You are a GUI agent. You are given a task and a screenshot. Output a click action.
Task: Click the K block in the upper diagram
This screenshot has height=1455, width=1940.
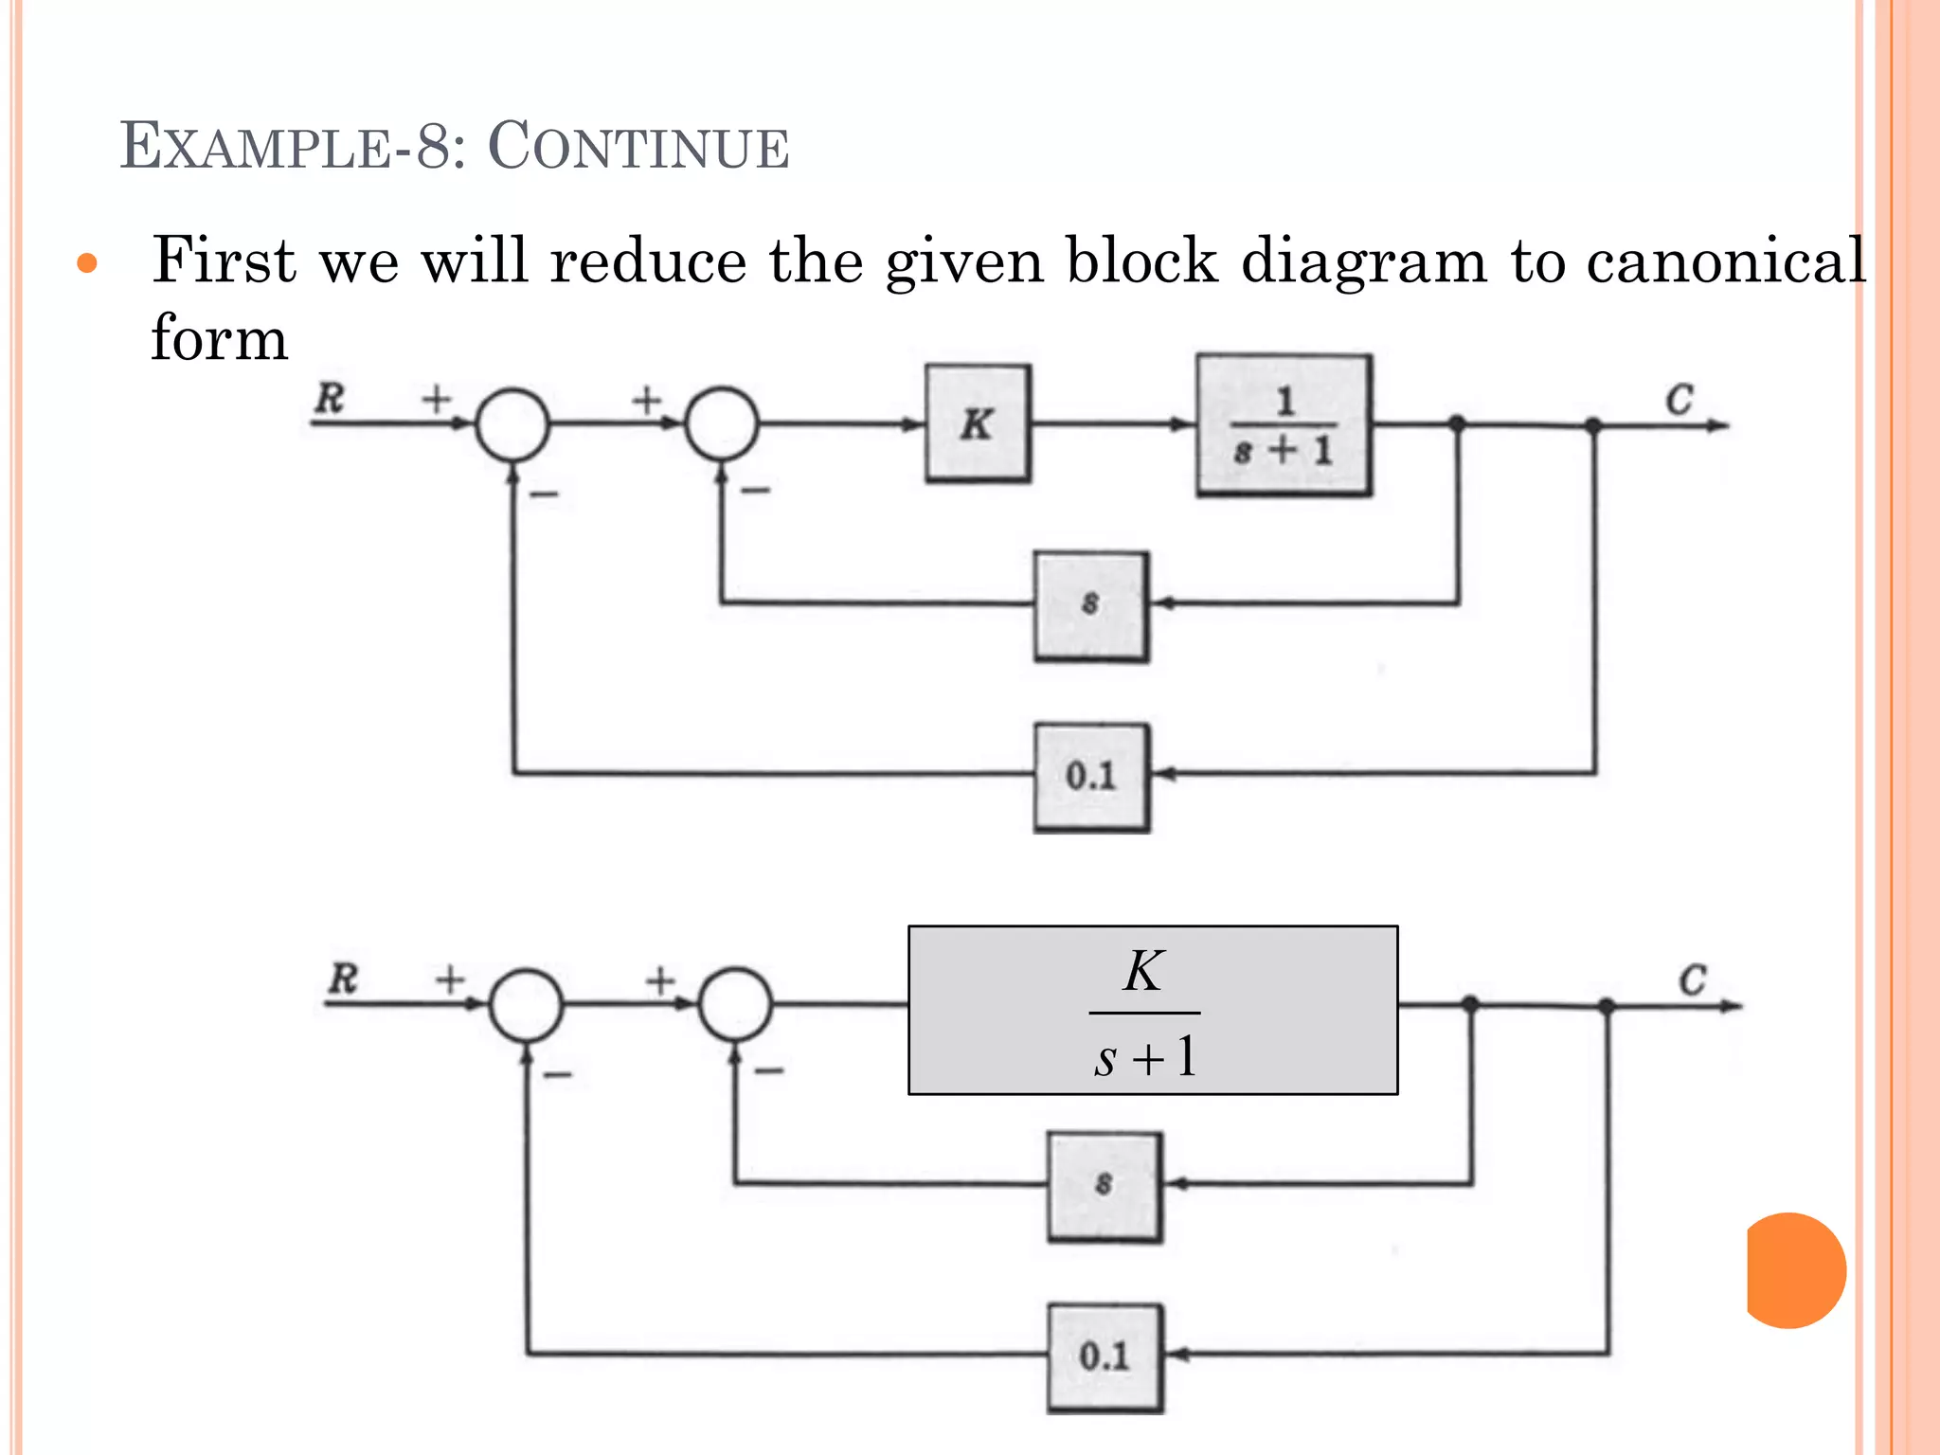point(978,423)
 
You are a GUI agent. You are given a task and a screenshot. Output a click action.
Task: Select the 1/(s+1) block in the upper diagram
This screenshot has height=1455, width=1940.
point(1284,425)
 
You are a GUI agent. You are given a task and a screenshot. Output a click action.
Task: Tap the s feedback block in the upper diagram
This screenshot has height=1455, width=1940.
point(1091,605)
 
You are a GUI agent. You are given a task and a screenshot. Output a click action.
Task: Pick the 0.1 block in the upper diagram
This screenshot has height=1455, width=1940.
point(1091,777)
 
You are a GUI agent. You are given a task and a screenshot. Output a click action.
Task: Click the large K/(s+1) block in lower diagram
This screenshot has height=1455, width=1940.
point(1153,1011)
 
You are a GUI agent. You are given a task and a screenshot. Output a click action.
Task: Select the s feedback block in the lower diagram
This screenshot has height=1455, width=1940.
point(1105,1186)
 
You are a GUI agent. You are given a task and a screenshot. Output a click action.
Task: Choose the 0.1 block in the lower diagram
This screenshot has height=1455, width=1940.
point(1105,1357)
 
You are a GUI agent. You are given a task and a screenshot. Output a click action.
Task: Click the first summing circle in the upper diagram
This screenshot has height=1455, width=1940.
point(512,424)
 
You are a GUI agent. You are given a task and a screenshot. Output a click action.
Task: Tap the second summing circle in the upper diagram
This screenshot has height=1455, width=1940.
point(722,423)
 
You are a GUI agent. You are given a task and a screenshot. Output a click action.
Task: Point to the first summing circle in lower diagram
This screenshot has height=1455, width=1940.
point(527,1005)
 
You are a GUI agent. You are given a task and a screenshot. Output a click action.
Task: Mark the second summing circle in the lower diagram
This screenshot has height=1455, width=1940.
point(735,1004)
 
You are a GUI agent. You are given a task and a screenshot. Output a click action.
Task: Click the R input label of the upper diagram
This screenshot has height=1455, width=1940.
point(330,398)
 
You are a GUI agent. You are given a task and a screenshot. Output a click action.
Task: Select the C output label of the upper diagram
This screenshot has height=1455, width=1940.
point(1680,400)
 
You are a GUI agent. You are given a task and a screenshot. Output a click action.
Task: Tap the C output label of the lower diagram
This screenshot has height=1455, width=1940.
point(1693,979)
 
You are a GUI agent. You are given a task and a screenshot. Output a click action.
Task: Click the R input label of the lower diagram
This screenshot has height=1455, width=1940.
point(343,979)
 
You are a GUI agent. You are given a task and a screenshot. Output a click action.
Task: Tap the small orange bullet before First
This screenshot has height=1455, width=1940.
point(87,263)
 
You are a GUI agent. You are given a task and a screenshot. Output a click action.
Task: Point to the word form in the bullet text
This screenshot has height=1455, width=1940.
point(220,338)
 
